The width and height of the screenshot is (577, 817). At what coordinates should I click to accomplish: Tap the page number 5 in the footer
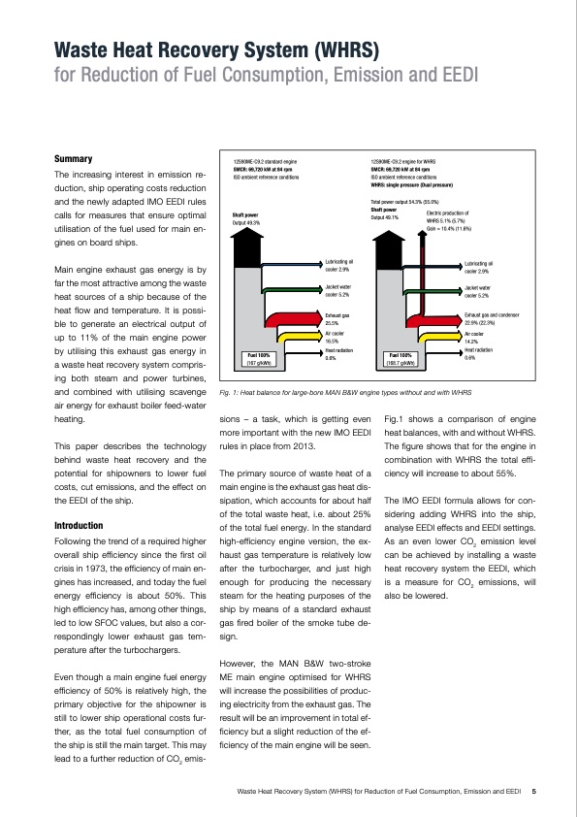point(534,792)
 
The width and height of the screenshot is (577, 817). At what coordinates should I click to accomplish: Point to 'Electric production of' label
point(447,212)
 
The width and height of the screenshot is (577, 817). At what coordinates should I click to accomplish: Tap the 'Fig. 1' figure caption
point(346,392)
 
